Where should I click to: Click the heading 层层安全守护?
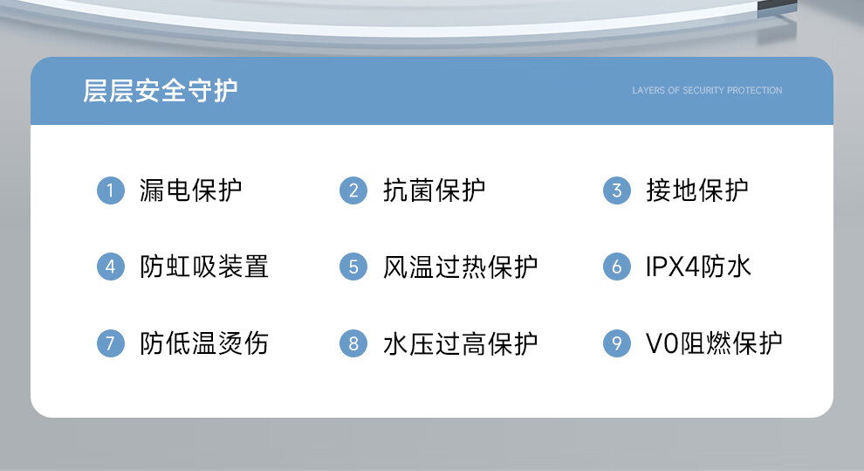(x=161, y=91)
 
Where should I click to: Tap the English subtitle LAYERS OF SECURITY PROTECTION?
(x=707, y=91)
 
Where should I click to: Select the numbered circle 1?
(x=111, y=190)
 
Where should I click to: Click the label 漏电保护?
(x=190, y=190)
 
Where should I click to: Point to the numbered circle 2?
(x=353, y=190)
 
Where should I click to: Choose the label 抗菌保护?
(x=435, y=190)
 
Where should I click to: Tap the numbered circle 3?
(x=617, y=190)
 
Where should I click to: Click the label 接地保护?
(x=697, y=190)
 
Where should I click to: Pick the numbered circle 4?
(x=111, y=267)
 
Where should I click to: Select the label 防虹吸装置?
(x=204, y=267)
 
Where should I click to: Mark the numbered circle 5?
(x=353, y=267)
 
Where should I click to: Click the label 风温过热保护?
(x=460, y=267)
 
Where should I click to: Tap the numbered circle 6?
(x=617, y=267)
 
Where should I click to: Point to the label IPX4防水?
(x=698, y=267)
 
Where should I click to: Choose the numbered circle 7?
(x=111, y=343)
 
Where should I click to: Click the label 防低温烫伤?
(x=204, y=343)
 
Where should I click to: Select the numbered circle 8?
(x=353, y=343)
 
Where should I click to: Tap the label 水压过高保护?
(x=460, y=343)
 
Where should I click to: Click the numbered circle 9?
(x=617, y=343)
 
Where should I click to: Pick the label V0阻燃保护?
(x=714, y=343)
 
